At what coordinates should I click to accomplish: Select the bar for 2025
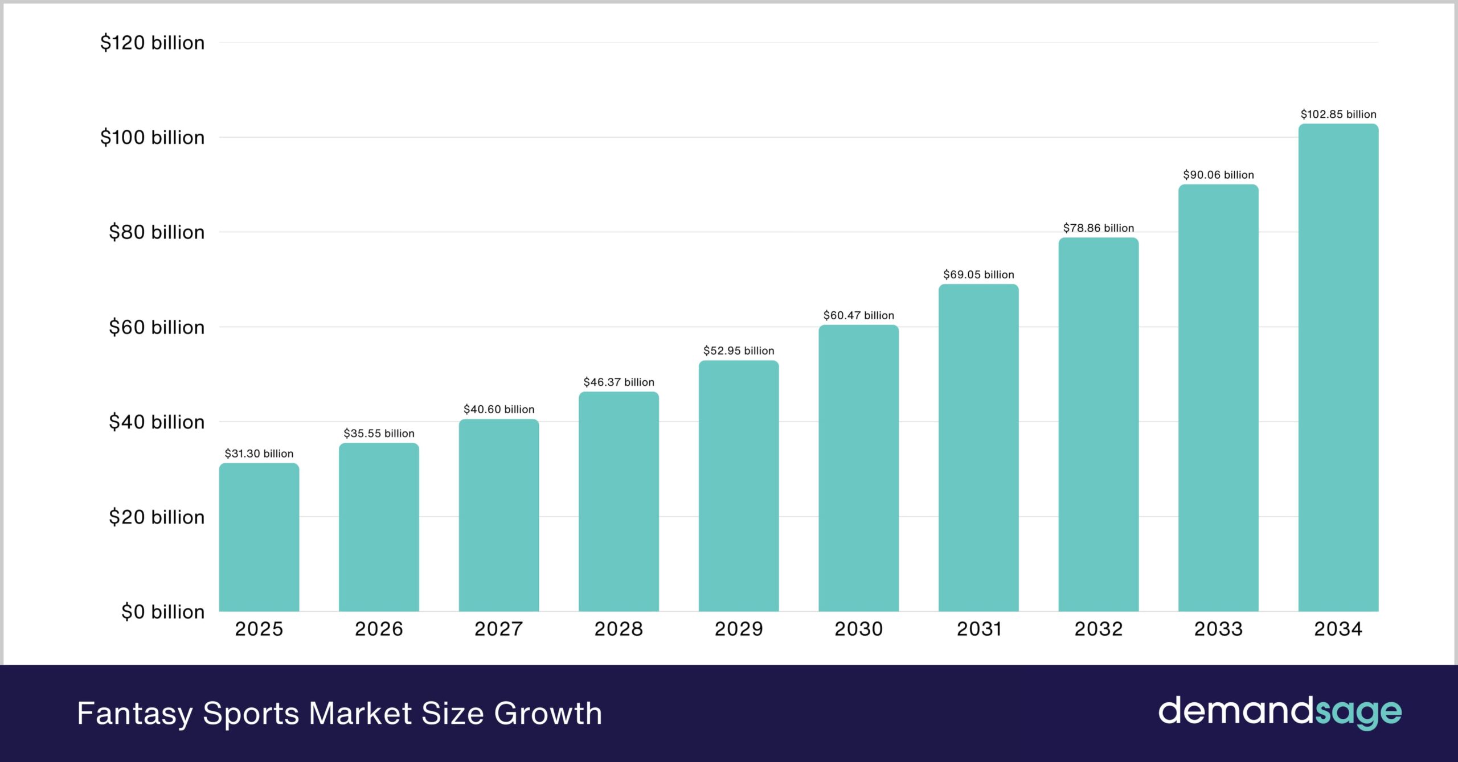[259, 538]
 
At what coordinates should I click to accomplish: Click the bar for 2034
[1338, 368]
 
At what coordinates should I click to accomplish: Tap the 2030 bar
[858, 468]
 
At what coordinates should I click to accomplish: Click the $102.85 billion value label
[1338, 114]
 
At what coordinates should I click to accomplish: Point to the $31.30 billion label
[259, 454]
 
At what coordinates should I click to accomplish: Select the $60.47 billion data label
[858, 315]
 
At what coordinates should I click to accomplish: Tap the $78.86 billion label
[1098, 228]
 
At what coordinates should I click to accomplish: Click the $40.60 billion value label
[499, 409]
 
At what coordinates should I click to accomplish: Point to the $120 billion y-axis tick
[152, 43]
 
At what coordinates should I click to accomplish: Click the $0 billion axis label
[162, 612]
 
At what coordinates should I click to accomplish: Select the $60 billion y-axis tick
[157, 327]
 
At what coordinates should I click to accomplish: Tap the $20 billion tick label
[157, 517]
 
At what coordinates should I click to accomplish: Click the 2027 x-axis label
[499, 629]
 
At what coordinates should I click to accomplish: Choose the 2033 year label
[1218, 629]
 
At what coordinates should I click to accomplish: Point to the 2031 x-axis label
[978, 629]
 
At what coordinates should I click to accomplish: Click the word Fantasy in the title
[135, 714]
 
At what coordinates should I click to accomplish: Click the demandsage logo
[1280, 712]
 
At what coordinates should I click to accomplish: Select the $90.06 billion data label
[1218, 175]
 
